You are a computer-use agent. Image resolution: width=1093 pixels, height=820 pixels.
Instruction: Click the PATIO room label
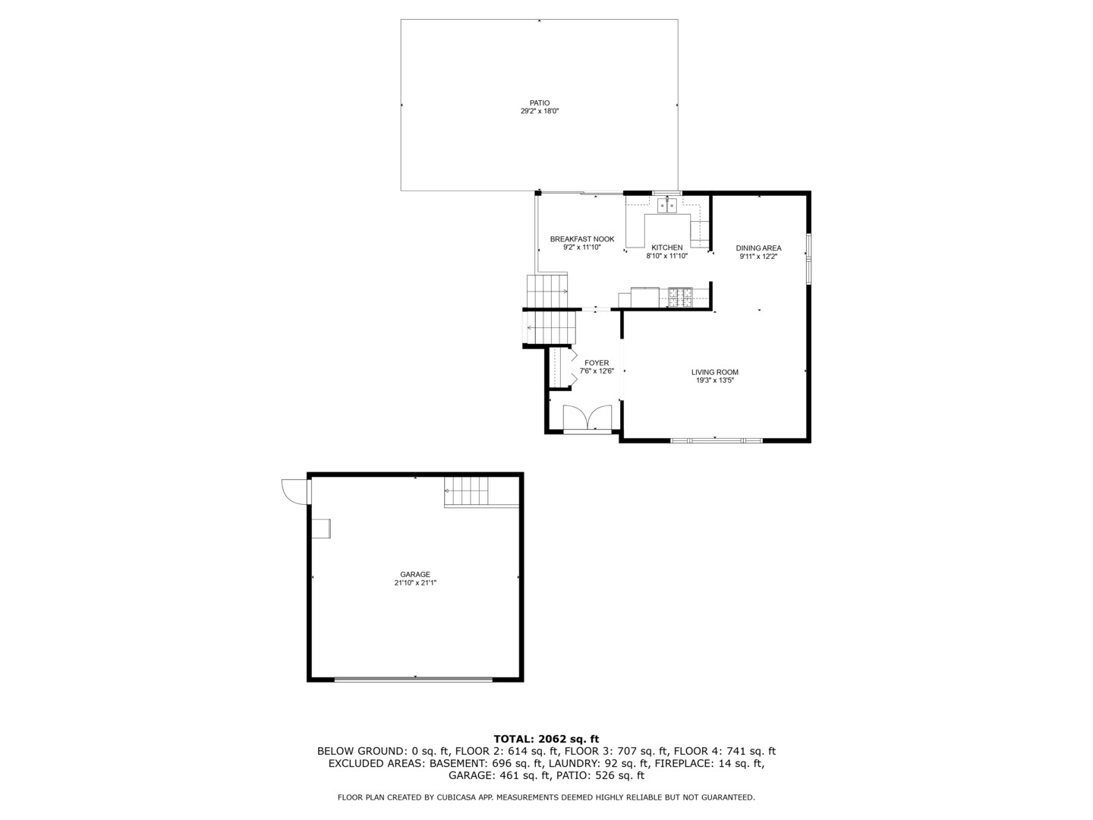pyautogui.click(x=539, y=103)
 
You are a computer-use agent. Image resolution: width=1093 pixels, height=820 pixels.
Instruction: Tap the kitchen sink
pyautogui.click(x=667, y=205)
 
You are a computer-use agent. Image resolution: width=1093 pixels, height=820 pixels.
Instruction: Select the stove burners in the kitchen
pyautogui.click(x=679, y=296)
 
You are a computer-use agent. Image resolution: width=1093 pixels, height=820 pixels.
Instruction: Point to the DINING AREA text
pyautogui.click(x=758, y=248)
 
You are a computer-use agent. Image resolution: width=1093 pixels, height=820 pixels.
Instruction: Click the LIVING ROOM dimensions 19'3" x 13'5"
pyautogui.click(x=714, y=380)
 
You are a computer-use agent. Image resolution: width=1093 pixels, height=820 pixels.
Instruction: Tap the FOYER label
pyautogui.click(x=596, y=363)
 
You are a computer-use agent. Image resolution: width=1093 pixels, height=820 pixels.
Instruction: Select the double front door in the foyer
pyautogui.click(x=587, y=419)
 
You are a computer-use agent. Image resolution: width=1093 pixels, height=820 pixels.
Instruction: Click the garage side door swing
pyautogui.click(x=294, y=490)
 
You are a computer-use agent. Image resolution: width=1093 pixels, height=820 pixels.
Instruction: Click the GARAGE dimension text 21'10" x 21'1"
pyautogui.click(x=415, y=583)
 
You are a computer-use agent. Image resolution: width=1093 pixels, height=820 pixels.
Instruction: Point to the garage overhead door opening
pyautogui.click(x=414, y=678)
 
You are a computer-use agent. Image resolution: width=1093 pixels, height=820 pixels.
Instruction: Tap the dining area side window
pyautogui.click(x=808, y=257)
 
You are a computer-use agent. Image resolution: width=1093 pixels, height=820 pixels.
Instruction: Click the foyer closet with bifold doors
pyautogui.click(x=559, y=367)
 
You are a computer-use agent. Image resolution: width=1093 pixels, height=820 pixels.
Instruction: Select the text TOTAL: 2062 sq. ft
pyautogui.click(x=546, y=739)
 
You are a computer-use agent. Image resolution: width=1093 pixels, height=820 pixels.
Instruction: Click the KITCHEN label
pyautogui.click(x=666, y=248)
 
